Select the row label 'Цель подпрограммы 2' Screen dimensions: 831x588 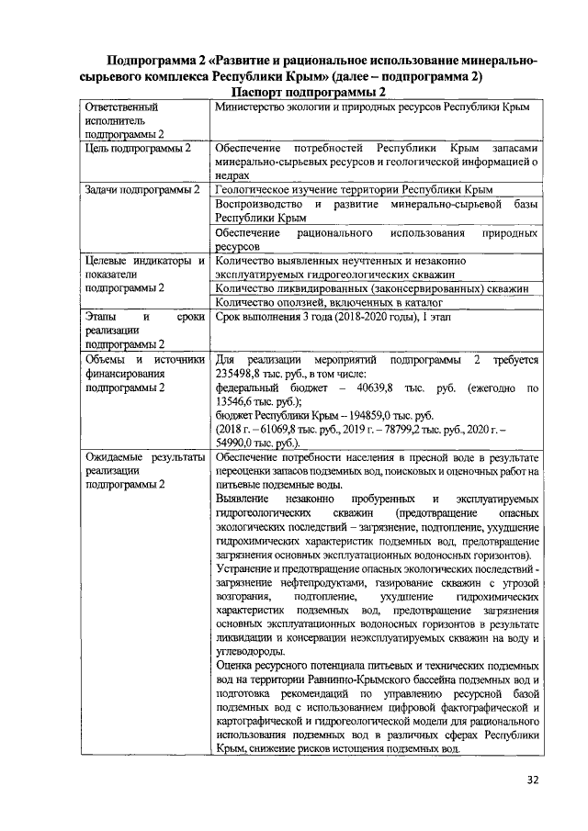click(x=137, y=148)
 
